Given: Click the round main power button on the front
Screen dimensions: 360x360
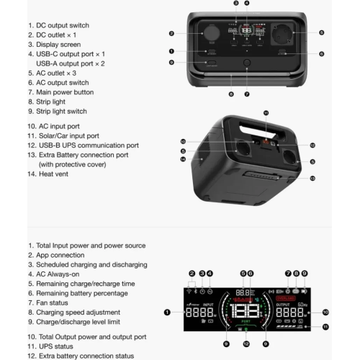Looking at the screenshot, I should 247,64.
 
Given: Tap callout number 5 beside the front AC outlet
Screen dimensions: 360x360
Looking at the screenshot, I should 321,32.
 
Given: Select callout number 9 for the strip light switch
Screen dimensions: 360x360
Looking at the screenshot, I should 172,63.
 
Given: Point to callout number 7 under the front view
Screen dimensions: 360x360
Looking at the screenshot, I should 247,94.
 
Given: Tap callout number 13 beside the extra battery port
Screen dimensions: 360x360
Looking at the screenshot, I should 312,178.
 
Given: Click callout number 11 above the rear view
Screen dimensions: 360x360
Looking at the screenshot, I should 265,113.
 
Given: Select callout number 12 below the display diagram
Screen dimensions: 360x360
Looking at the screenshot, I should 246,344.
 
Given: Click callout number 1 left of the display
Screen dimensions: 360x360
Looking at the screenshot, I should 167,312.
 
